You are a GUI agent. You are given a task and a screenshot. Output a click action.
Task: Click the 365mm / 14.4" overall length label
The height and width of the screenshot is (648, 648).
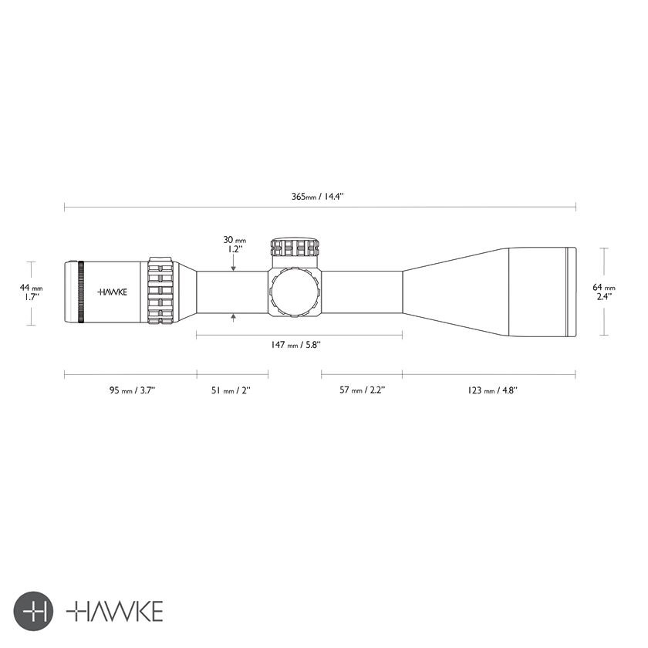point(317,196)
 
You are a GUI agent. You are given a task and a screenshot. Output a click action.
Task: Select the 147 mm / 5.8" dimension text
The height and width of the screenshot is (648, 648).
point(296,345)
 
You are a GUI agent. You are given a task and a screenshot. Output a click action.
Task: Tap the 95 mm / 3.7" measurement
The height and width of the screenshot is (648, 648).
point(132,390)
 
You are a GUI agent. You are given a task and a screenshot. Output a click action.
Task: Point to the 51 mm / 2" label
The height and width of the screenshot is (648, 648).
point(231,390)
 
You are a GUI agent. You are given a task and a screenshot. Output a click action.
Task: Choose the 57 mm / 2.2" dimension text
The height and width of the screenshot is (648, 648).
point(363,390)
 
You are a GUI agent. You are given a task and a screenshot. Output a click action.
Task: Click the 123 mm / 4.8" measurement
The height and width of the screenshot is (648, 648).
point(493,390)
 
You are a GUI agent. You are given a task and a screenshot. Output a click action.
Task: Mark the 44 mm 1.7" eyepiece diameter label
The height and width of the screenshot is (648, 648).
point(31,292)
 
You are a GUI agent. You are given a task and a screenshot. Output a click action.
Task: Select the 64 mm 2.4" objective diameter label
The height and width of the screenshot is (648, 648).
point(604,292)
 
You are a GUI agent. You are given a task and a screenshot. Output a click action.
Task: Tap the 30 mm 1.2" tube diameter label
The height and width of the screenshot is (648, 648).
point(235,245)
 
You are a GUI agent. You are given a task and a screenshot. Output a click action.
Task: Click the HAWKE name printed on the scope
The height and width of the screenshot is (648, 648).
point(112,292)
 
